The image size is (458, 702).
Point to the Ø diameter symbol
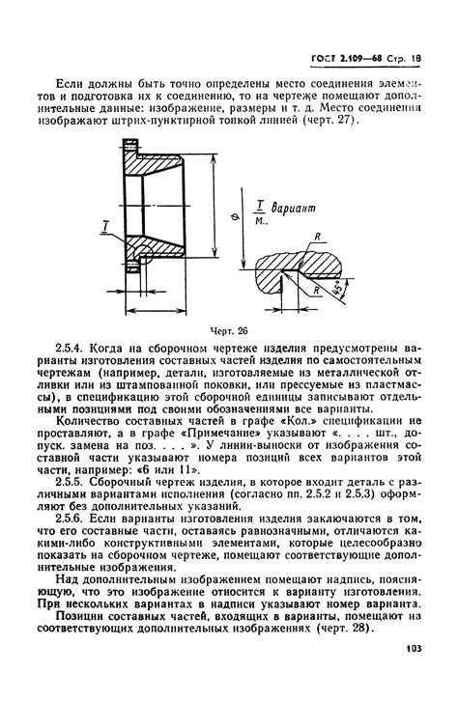point(237,216)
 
